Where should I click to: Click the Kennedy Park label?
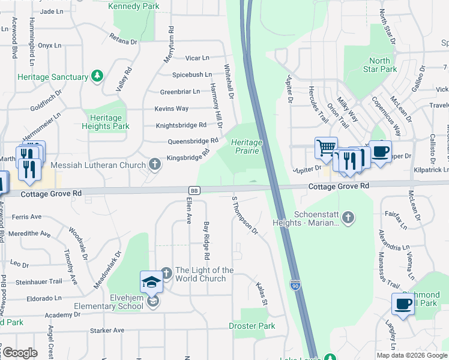click(x=133, y=6)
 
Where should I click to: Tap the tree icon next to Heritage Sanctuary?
click(x=97, y=76)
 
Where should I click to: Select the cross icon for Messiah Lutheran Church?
click(x=155, y=164)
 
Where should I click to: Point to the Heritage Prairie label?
click(x=247, y=146)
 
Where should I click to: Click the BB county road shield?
click(x=194, y=190)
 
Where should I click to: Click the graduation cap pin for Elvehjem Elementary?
click(x=151, y=282)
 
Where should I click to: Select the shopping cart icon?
click(x=325, y=146)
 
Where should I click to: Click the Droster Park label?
click(x=252, y=326)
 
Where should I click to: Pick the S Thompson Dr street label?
click(x=244, y=214)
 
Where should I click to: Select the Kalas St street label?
click(x=261, y=294)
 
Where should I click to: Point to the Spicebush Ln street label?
click(x=192, y=75)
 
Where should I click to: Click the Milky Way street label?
click(x=347, y=109)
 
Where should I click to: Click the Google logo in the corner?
click(x=19, y=353)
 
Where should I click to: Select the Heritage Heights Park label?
click(x=106, y=122)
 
